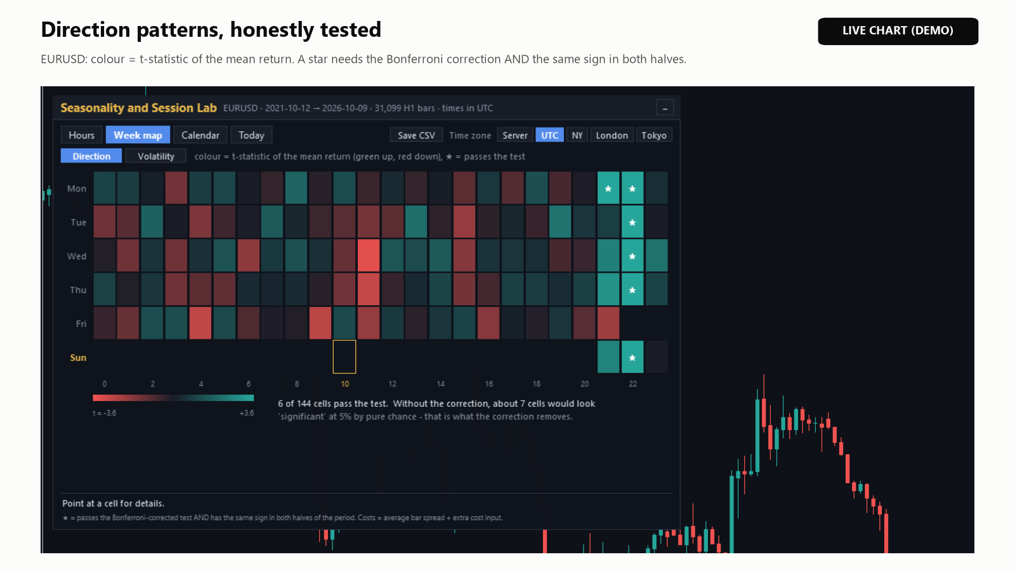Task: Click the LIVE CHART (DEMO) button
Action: [x=898, y=31]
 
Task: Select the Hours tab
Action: [x=82, y=135]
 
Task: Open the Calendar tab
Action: [x=200, y=135]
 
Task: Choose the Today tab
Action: [x=251, y=135]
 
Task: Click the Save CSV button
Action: [x=416, y=135]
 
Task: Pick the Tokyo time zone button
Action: [x=654, y=135]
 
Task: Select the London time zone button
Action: [x=612, y=135]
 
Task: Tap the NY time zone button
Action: [x=577, y=135]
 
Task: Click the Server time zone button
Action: [x=514, y=135]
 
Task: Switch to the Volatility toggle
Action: [x=156, y=156]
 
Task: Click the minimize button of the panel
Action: [x=665, y=108]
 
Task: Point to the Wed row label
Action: [x=77, y=256]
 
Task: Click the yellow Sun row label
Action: [x=78, y=358]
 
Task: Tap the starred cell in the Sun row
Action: [x=632, y=357]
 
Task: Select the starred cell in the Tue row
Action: [x=632, y=222]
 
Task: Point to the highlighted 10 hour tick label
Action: [x=345, y=384]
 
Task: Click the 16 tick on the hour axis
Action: [x=489, y=384]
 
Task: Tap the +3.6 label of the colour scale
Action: [x=247, y=413]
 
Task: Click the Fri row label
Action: [x=81, y=324]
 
